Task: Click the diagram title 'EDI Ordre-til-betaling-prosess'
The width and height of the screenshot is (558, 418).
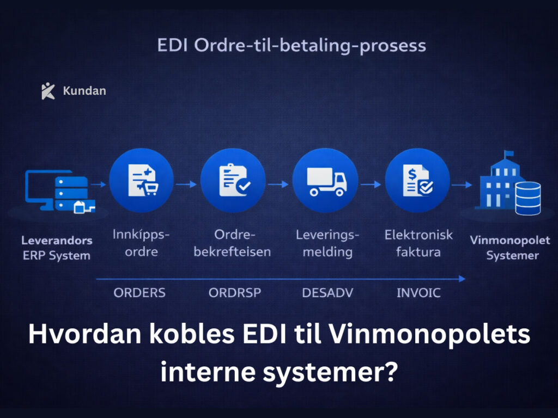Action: pyautogui.click(x=291, y=45)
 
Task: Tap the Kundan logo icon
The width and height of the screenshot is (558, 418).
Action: pyautogui.click(x=48, y=91)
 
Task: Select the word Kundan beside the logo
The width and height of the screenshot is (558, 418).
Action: pyautogui.click(x=84, y=91)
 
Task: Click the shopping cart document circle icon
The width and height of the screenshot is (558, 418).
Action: pyautogui.click(x=141, y=181)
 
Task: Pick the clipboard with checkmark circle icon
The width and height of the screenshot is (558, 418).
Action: pyautogui.click(x=233, y=181)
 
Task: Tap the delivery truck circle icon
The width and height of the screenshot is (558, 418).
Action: pyautogui.click(x=325, y=181)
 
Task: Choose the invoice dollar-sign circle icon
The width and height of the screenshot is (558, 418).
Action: pyautogui.click(x=417, y=181)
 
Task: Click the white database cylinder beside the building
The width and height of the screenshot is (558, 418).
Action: pyautogui.click(x=527, y=197)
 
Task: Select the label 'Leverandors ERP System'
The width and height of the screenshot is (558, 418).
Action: pyautogui.click(x=57, y=248)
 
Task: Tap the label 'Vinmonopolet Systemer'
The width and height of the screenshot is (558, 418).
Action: pyautogui.click(x=510, y=248)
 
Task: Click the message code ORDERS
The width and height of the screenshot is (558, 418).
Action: pyautogui.click(x=139, y=293)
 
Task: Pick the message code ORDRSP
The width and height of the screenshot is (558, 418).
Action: pyautogui.click(x=235, y=293)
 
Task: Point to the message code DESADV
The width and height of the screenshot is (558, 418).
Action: pyautogui.click(x=327, y=293)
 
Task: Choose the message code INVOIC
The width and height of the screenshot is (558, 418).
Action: pyautogui.click(x=418, y=293)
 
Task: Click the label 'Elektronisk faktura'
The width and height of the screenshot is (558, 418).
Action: pyautogui.click(x=418, y=243)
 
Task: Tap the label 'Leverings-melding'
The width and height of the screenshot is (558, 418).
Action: pyautogui.click(x=327, y=243)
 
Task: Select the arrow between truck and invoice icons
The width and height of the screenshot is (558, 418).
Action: pyautogui.click(x=371, y=185)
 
